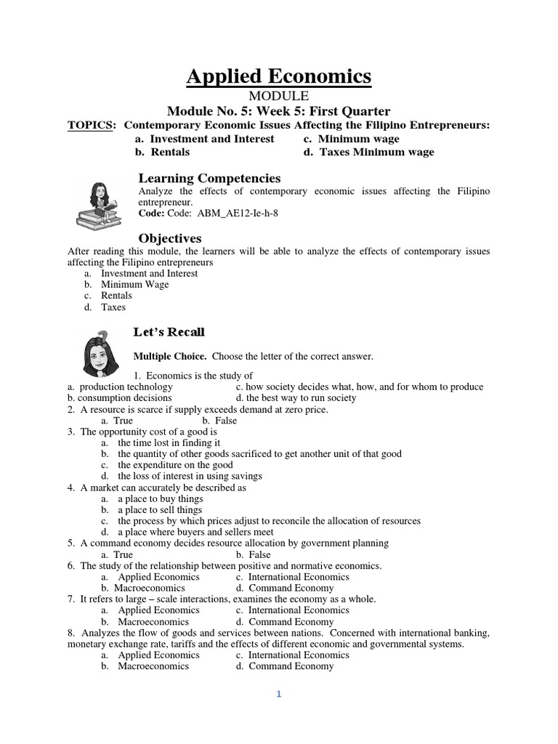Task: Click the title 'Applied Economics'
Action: tap(279, 76)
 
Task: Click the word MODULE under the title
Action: tap(279, 96)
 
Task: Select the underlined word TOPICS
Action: tap(91, 125)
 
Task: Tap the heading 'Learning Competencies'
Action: tap(209, 178)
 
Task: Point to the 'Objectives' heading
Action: tap(170, 238)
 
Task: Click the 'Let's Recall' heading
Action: tap(169, 332)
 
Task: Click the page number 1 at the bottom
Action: tap(278, 694)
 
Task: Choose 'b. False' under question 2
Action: tap(219, 421)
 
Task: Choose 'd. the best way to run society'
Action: tap(296, 398)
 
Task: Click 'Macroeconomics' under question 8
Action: tap(153, 666)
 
